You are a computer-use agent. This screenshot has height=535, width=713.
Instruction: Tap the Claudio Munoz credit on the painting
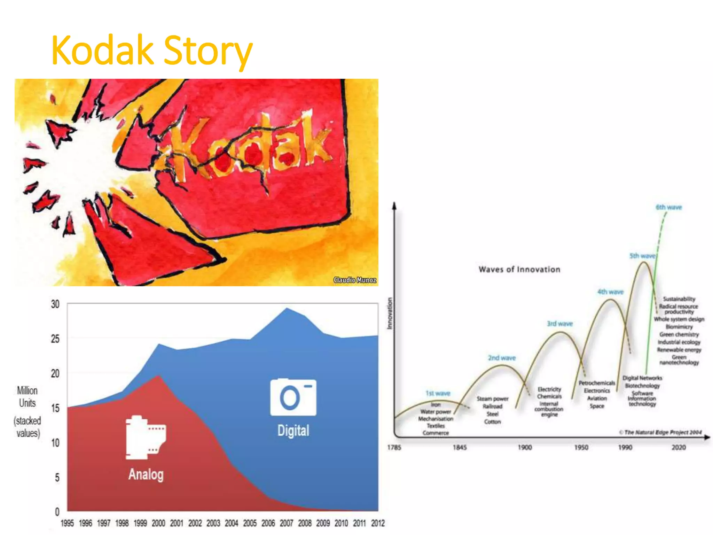[x=354, y=280]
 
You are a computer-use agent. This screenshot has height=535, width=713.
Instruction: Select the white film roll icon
[x=146, y=438]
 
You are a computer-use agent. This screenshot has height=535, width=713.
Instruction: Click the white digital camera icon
[x=293, y=397]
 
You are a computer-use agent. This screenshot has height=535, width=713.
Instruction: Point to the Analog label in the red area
[x=146, y=474]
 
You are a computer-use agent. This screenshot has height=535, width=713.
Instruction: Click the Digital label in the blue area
[x=293, y=431]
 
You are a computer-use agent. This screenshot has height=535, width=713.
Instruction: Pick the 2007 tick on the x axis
[x=286, y=523]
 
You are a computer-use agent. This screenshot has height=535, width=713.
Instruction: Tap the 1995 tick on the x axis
[x=67, y=523]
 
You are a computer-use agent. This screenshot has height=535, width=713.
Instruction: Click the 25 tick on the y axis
[x=55, y=339]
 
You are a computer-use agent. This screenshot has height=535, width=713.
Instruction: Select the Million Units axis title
[x=27, y=397]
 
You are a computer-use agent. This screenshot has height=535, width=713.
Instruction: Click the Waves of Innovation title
[x=519, y=269]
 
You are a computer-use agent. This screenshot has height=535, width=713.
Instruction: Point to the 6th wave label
[x=668, y=207]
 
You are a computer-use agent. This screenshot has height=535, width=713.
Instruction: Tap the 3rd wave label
[x=559, y=324]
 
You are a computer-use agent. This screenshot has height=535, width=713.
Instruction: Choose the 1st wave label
[x=438, y=393]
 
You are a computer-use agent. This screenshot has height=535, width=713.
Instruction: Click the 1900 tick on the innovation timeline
[x=524, y=447]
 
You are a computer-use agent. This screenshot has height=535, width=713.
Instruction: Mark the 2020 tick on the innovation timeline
[x=679, y=447]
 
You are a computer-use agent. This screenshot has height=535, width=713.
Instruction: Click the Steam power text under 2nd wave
[x=492, y=399]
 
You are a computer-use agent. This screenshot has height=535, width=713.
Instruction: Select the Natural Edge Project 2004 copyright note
[x=660, y=432]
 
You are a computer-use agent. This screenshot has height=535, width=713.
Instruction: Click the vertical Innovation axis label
[x=390, y=313]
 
